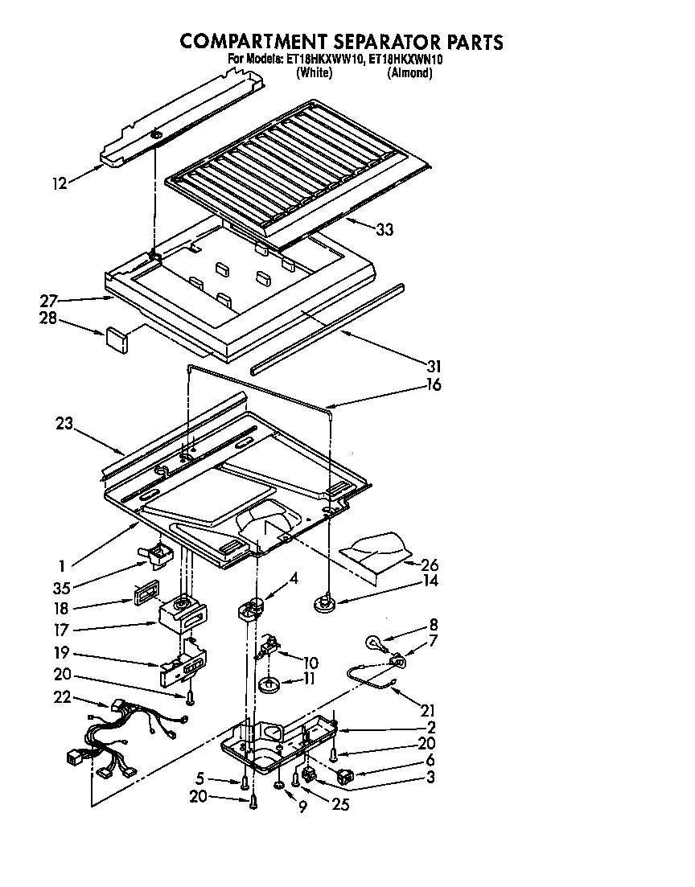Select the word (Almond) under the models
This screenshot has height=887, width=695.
point(409,73)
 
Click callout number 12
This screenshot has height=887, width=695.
point(59,184)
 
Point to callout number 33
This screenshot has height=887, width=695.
point(385,229)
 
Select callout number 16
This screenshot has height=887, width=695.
point(434,384)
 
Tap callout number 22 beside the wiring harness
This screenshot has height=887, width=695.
point(61,697)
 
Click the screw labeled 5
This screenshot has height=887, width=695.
point(243,781)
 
